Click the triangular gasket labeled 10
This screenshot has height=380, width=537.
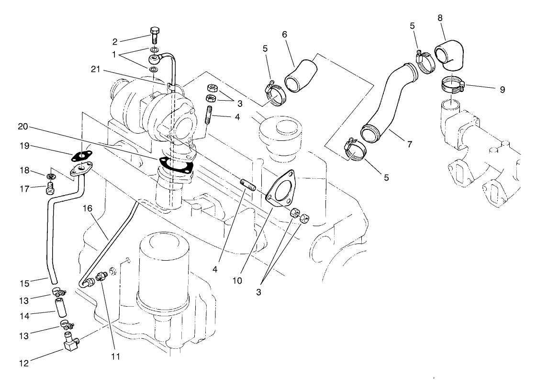point(282,189)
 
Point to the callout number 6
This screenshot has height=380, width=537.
point(285,35)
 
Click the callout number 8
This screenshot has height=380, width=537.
point(440,18)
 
